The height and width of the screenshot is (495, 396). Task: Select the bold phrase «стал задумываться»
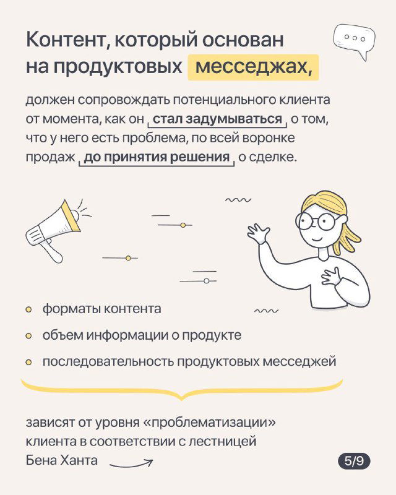(x=217, y=119)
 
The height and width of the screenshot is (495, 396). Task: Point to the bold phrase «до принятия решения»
(x=157, y=157)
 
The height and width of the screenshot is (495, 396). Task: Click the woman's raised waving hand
(x=259, y=233)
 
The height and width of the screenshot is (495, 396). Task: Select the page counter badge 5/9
(x=354, y=461)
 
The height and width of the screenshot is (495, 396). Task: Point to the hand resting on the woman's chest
(x=332, y=275)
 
